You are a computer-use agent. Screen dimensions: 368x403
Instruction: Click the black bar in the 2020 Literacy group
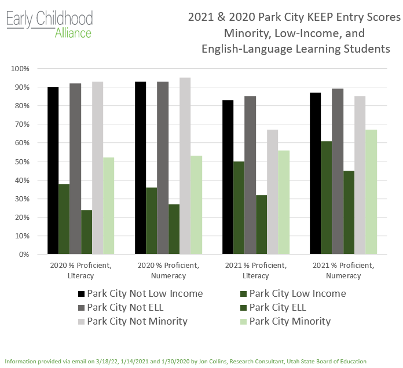(x=53, y=171)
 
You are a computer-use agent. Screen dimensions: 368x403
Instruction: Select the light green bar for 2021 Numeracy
(x=371, y=192)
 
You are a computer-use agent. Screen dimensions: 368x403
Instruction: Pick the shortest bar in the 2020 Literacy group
(x=86, y=232)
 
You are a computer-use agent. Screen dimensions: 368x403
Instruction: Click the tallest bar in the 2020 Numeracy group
(x=185, y=166)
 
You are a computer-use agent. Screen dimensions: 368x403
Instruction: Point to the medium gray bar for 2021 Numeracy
(x=338, y=171)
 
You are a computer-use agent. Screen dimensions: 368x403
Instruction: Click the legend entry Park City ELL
(x=277, y=307)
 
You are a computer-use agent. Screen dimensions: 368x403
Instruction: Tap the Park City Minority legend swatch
(x=243, y=322)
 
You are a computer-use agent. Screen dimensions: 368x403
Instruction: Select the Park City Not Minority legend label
(x=137, y=321)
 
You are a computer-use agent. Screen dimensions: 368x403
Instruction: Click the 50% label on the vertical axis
(x=22, y=162)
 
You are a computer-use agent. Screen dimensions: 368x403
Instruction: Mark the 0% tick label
(x=24, y=255)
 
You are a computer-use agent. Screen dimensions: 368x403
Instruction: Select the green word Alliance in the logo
(x=73, y=33)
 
